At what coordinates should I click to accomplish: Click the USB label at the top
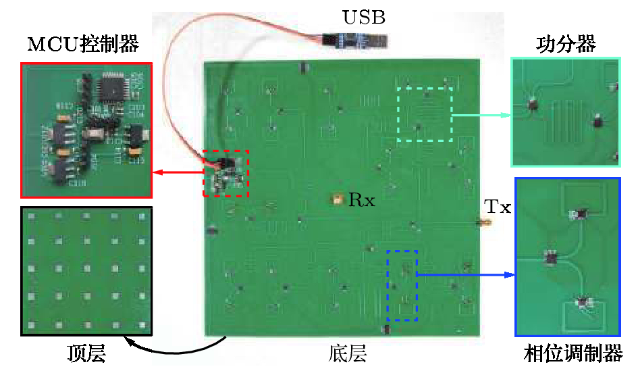[x=364, y=18]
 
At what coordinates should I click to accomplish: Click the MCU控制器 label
[x=83, y=45]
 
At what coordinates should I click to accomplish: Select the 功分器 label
[x=566, y=45]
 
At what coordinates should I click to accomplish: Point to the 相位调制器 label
[x=573, y=353]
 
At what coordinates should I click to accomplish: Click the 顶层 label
[x=86, y=353]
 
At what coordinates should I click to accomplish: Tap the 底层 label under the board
[x=348, y=353]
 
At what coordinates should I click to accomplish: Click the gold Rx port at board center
[x=335, y=200]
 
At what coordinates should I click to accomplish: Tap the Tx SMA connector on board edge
[x=483, y=222]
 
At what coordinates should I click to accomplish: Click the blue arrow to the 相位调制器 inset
[x=466, y=275]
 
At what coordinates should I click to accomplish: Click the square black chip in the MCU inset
[x=111, y=87]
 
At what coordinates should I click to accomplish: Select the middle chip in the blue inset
[x=552, y=257]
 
